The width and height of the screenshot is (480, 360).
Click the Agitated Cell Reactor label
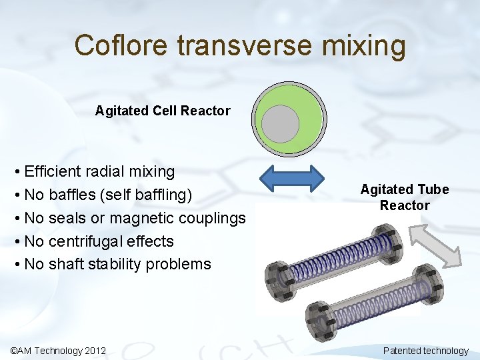tap(163, 111)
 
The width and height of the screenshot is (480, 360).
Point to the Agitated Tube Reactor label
tap(405, 197)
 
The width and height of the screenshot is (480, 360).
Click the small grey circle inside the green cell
tap(280, 124)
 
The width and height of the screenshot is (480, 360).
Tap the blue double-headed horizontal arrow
tap(291, 179)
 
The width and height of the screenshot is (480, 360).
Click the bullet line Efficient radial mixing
tap(99, 171)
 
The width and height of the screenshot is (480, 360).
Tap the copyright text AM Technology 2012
tap(58, 351)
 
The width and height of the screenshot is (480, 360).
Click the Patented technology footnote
tap(425, 351)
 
